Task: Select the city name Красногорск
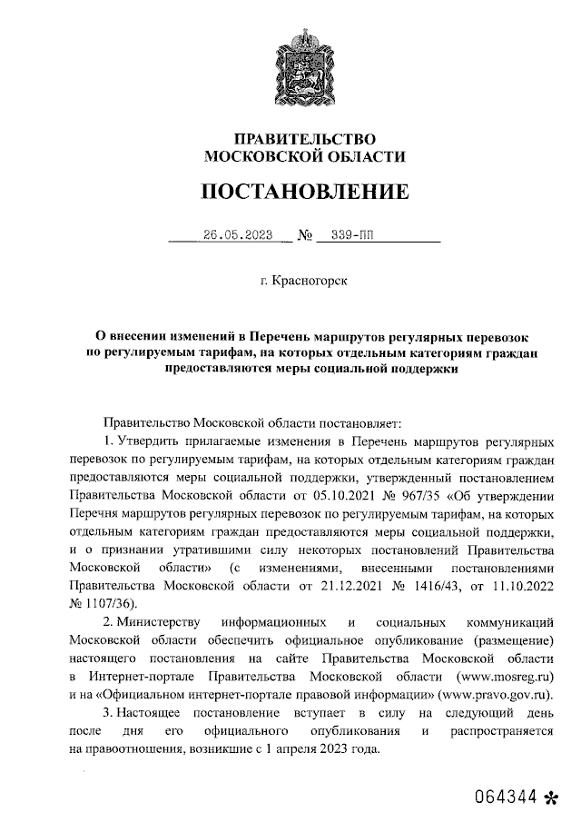[310, 282]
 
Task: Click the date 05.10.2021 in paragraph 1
[323, 498]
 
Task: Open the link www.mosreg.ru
[507, 678]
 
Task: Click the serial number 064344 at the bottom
[505, 797]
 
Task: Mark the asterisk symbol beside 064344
[550, 798]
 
